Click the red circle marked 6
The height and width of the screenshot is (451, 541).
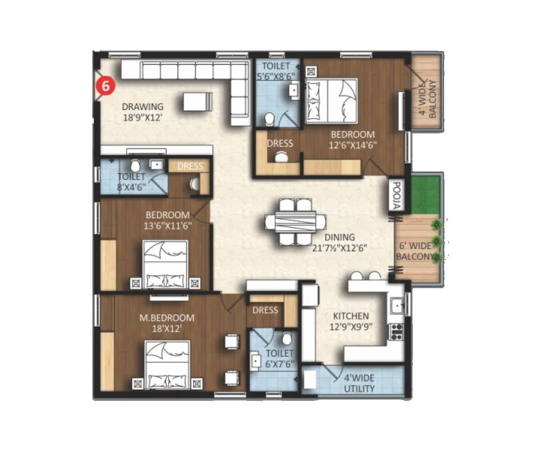coord(105,87)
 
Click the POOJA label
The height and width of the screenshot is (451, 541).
coord(395,196)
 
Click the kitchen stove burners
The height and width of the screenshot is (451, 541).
coord(397,331)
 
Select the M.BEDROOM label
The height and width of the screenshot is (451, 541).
coord(166,318)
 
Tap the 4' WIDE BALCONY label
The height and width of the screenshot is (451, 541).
coord(427,99)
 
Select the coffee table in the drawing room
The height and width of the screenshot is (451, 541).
coord(197,101)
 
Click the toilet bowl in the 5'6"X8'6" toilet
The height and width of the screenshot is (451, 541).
coord(270,119)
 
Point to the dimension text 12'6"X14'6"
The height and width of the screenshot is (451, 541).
coord(353,145)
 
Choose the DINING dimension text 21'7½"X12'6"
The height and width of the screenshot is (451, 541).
coord(340,248)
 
